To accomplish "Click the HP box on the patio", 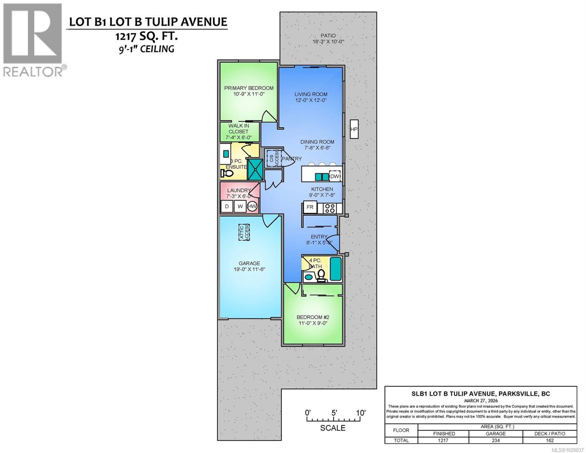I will [354, 129].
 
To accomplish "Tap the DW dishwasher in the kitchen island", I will [335, 176].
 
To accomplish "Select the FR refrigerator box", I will [310, 207].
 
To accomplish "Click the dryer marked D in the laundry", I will [227, 206].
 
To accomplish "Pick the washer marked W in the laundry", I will [240, 206].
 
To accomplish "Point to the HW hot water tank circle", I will [252, 206].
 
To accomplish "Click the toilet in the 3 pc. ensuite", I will [227, 174].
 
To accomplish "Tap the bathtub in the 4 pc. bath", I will [335, 269].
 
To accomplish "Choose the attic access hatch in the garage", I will [244, 231].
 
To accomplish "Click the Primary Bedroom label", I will [249, 88].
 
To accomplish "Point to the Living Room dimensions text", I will [311, 100].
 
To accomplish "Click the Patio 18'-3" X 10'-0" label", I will [328, 39].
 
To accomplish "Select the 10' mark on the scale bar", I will [360, 413].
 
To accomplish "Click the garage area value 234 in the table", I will [495, 440].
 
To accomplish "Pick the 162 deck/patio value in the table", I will [549, 440].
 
